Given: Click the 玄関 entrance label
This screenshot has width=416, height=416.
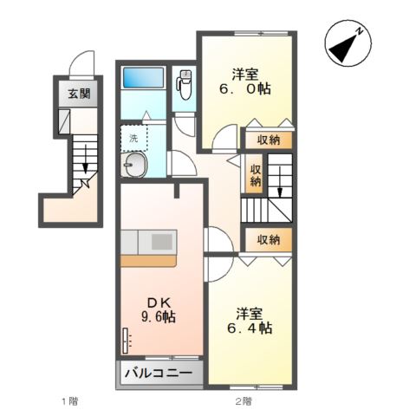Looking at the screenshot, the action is click(79, 94).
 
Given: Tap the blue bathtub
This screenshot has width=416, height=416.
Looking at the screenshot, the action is click(144, 77).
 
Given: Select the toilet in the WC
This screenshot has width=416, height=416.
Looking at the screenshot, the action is click(184, 85).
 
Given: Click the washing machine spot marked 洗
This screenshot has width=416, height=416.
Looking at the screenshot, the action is click(133, 139).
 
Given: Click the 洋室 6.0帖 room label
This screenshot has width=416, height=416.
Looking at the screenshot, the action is click(245, 81).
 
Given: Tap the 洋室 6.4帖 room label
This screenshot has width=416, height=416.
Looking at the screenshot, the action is click(250, 321).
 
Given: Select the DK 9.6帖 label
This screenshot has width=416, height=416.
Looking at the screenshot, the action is click(159, 310).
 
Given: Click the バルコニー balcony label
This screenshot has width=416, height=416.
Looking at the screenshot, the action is click(159, 373).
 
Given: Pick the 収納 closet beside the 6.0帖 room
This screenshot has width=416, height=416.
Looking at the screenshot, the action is click(269, 140).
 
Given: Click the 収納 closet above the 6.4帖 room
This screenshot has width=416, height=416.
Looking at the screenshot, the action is click(269, 239).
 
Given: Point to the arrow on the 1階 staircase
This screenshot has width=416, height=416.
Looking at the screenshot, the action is click(85, 159).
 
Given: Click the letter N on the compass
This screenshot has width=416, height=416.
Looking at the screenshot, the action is click(360, 31).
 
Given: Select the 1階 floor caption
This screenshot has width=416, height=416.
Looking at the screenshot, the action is click(70, 401).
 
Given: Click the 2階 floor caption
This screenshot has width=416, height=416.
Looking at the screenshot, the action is click(243, 401).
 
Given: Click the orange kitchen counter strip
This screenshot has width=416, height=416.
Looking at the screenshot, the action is click(148, 261).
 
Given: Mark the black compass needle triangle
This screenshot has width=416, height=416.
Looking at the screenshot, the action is click(344, 49).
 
